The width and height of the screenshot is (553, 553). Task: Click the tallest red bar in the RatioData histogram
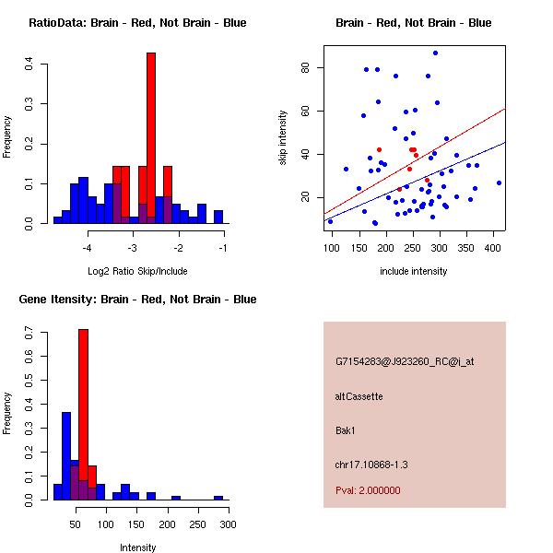click(x=151, y=138)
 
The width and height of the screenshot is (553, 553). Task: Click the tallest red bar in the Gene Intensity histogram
click(x=83, y=415)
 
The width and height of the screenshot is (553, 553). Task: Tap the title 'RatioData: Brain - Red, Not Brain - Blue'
click(x=137, y=23)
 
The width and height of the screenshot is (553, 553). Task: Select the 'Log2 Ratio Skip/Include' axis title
click(x=137, y=271)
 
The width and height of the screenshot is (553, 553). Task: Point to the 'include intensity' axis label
click(x=413, y=271)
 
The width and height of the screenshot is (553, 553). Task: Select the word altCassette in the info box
click(x=359, y=396)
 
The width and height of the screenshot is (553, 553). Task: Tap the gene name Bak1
click(x=347, y=429)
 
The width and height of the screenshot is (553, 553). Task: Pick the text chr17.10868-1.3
click(x=370, y=464)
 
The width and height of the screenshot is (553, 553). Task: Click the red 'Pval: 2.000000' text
click(x=368, y=490)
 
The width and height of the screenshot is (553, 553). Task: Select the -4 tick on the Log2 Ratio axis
click(x=88, y=248)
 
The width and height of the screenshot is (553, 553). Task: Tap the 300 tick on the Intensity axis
click(x=228, y=524)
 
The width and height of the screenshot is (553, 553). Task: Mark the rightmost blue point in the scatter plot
click(x=499, y=182)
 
